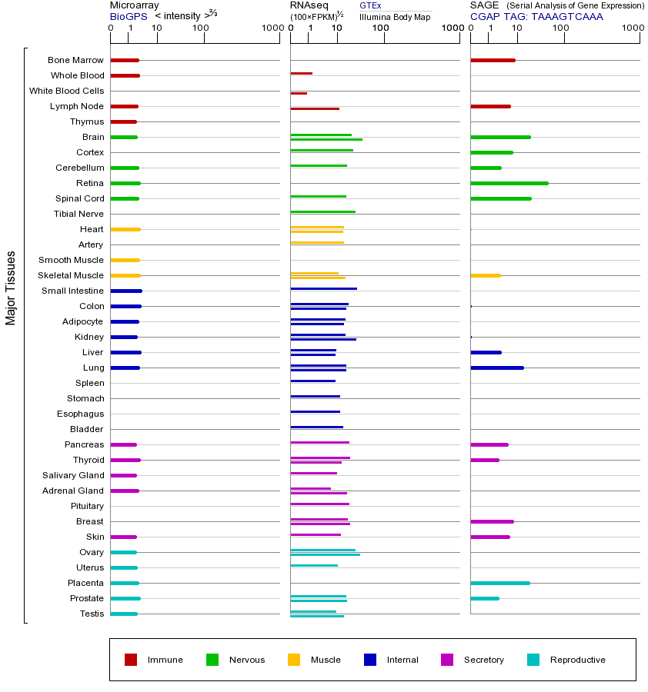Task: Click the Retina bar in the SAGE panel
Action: click(509, 183)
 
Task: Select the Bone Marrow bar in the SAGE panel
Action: click(493, 60)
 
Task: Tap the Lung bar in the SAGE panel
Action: click(496, 368)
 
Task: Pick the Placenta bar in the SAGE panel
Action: click(499, 583)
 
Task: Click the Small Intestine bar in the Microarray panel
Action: click(126, 291)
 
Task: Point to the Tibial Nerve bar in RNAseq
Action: click(322, 211)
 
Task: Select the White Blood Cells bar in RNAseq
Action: click(299, 93)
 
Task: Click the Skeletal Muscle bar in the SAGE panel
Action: click(485, 275)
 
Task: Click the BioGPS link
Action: click(129, 16)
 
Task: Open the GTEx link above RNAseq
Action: click(370, 5)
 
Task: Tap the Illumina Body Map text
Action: click(395, 17)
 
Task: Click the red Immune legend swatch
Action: click(131, 660)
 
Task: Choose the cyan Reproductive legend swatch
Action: click(533, 660)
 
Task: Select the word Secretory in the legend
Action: click(483, 660)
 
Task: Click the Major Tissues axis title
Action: click(11, 288)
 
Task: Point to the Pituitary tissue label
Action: click(87, 506)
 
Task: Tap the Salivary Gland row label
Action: click(73, 475)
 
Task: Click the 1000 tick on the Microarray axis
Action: click(271, 28)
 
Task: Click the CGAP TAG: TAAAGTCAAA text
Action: click(536, 16)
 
